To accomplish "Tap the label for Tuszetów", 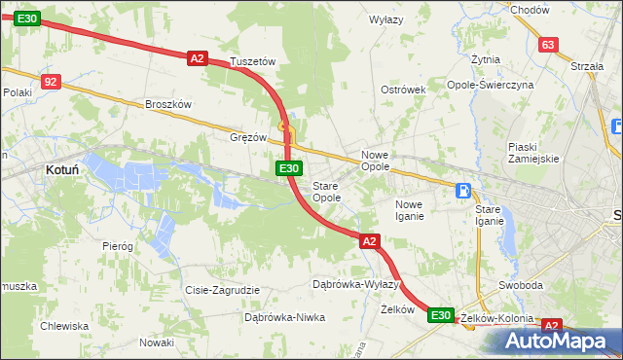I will pyautogui.click(x=253, y=61).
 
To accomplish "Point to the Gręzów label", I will pyautogui.click(x=248, y=137).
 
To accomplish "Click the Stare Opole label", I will pyautogui.click(x=326, y=191).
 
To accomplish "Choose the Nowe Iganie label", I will pyautogui.click(x=409, y=209).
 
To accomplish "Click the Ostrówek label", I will pyautogui.click(x=404, y=90).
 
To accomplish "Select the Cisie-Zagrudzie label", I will pyautogui.click(x=222, y=290).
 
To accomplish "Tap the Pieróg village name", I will pyautogui.click(x=117, y=246).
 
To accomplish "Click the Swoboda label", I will pyautogui.click(x=520, y=285).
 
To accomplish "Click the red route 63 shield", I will pyautogui.click(x=548, y=45).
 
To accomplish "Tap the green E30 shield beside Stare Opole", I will pyautogui.click(x=288, y=169).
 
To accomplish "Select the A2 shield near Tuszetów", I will pyautogui.click(x=198, y=58).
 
